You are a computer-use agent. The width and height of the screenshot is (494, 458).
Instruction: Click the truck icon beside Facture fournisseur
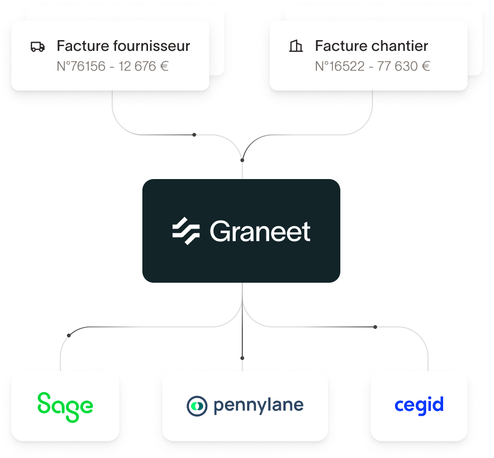[38, 47]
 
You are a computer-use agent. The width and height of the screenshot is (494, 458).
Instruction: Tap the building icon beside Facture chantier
[296, 46]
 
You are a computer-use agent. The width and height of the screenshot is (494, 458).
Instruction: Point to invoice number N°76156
[81, 66]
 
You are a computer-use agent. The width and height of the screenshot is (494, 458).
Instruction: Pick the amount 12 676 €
[144, 66]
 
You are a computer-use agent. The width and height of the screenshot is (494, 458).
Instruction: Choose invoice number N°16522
[339, 66]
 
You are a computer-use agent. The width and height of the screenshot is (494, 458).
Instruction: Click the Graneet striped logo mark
[186, 231]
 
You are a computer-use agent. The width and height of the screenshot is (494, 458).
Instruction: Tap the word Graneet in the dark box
[260, 231]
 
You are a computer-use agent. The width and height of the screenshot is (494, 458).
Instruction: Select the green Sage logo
[65, 406]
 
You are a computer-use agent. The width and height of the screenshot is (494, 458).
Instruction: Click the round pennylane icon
[197, 406]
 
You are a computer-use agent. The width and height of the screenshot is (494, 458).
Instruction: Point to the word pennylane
[258, 406]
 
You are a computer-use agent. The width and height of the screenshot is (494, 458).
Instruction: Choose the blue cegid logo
[419, 405]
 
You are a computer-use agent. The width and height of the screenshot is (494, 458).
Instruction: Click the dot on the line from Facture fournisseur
[194, 135]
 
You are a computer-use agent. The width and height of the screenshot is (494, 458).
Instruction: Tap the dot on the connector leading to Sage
[69, 335]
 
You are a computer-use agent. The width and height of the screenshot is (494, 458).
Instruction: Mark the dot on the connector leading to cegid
[375, 327]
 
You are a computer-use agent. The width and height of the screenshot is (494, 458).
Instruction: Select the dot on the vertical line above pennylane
[242, 358]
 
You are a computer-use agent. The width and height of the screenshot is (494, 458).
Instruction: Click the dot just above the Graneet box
[242, 161]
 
